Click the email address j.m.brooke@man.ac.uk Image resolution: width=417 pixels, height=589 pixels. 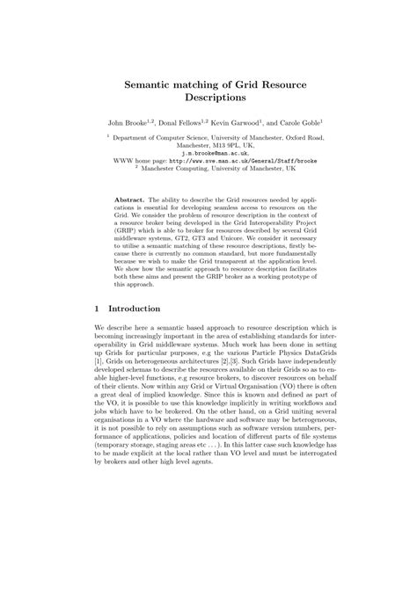[208, 152]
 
